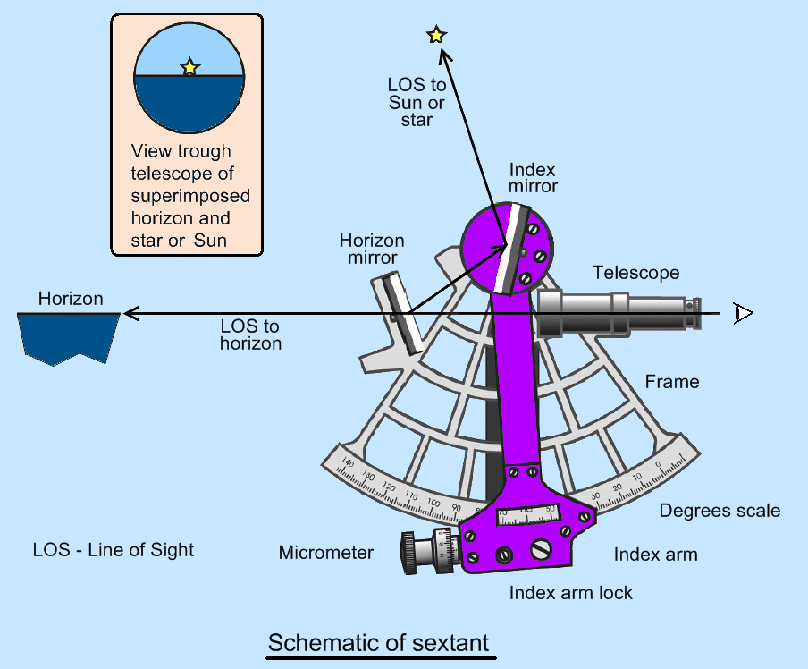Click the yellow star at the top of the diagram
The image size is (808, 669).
pos(436,35)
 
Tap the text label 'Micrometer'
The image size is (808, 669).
pos(325,553)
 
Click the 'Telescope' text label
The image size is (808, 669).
pos(635,273)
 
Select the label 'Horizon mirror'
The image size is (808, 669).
pos(372,250)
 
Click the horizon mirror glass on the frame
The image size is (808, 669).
pos(401,314)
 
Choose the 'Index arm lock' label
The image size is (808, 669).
pos(570,592)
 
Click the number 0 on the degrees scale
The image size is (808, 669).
pos(658,464)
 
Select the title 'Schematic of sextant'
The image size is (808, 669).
pos(378,643)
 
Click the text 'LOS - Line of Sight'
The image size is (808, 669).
pos(113,549)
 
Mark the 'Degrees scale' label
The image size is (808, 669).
pos(720,511)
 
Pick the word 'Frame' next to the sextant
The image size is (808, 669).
pos(672,382)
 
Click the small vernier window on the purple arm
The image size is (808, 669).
pos(526,513)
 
